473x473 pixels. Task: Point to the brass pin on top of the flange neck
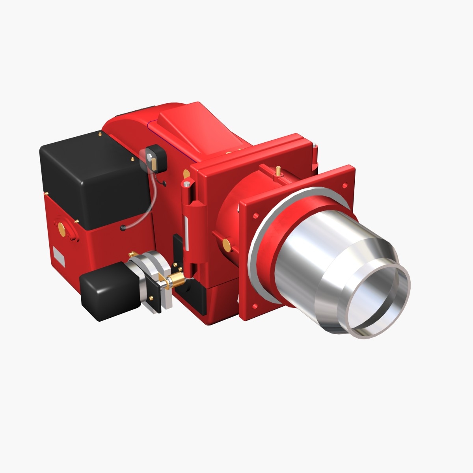coord(279,171)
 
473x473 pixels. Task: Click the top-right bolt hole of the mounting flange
coord(345,185)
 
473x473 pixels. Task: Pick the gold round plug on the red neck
coord(227,244)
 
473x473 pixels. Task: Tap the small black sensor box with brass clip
coord(156,158)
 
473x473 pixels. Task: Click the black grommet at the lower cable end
coord(123,227)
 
